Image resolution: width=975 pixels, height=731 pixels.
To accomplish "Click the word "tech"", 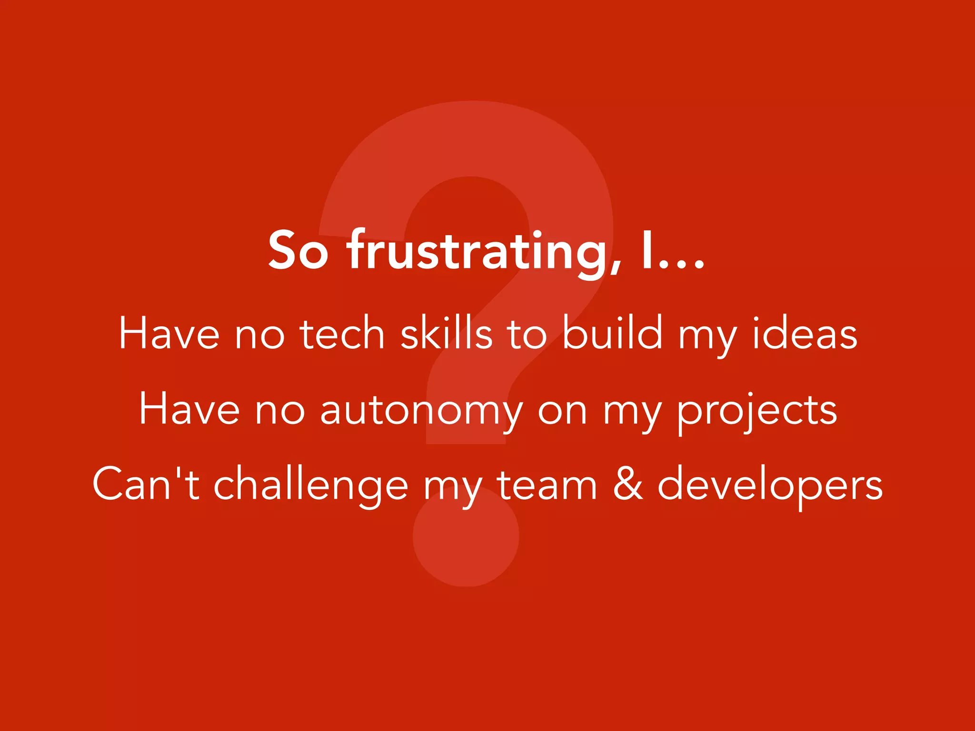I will click(342, 334).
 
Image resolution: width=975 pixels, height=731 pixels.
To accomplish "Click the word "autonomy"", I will click(421, 410).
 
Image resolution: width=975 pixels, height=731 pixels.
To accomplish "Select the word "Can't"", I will click(146, 484).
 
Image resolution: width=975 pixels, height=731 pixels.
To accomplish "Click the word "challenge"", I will click(310, 485).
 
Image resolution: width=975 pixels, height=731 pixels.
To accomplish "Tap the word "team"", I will click(547, 485).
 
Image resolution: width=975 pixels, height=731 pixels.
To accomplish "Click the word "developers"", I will click(770, 485).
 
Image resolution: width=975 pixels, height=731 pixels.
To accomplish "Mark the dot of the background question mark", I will click(466, 535).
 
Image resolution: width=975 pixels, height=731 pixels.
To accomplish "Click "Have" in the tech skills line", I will click(169, 334).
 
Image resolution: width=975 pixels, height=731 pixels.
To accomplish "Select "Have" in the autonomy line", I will click(189, 409).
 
